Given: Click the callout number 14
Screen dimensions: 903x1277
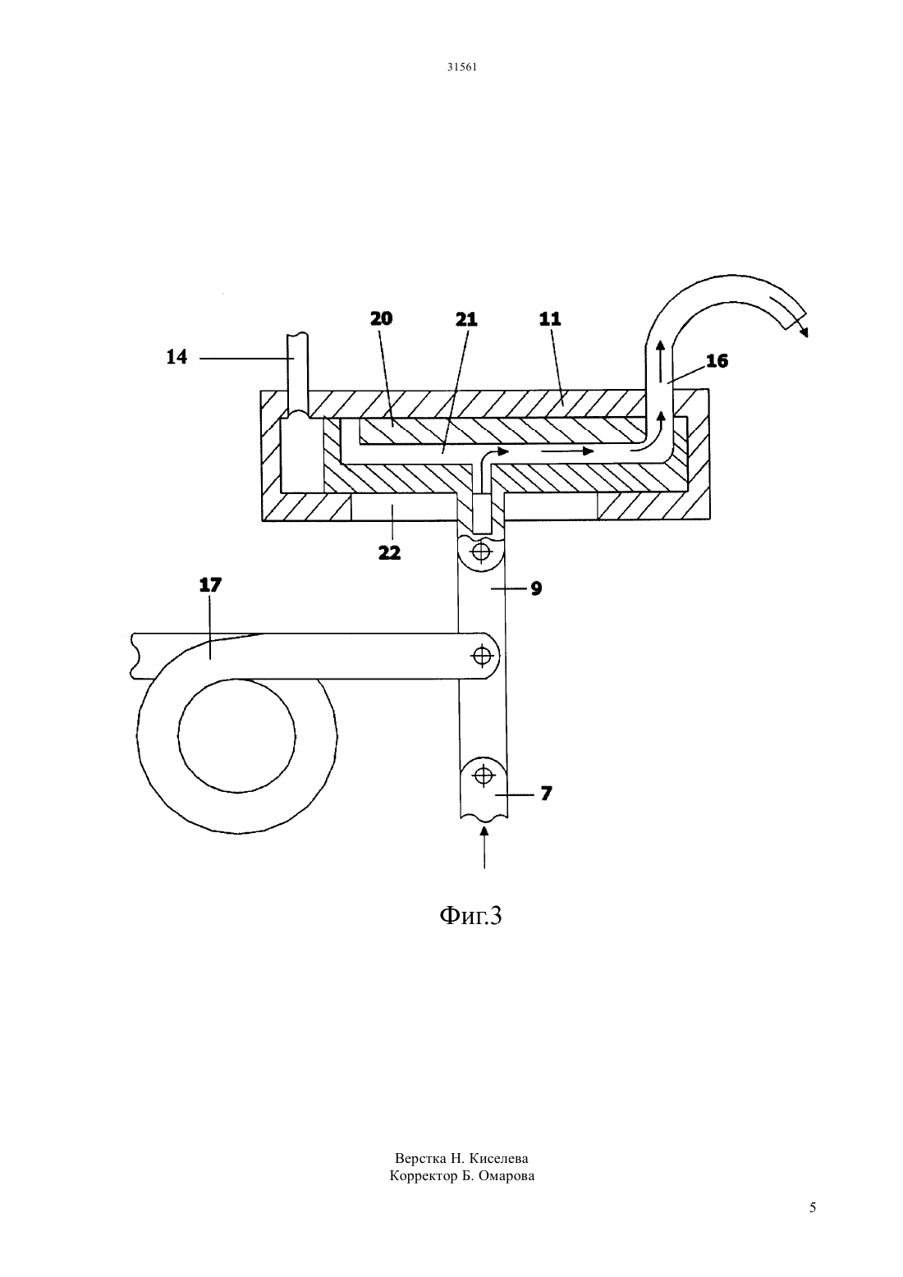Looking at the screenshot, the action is click(x=176, y=358).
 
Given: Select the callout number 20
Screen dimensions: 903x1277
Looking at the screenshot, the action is click(x=382, y=318).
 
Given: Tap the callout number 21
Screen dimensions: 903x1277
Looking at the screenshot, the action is click(x=465, y=319).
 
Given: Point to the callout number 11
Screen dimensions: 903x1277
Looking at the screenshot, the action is click(x=550, y=318).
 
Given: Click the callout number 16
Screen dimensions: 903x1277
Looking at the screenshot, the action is click(x=717, y=361).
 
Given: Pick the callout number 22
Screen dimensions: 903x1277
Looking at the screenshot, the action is click(x=390, y=552).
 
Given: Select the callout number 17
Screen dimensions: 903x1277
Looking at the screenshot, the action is click(x=210, y=585).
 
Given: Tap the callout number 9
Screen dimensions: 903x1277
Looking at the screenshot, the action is click(x=536, y=588).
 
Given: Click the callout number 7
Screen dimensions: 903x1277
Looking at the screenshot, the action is click(x=546, y=794).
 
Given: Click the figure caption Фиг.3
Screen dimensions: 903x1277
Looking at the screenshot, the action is click(x=471, y=916).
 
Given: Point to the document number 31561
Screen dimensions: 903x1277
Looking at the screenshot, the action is click(x=461, y=66).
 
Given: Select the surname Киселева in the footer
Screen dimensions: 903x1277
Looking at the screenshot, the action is click(x=498, y=1159).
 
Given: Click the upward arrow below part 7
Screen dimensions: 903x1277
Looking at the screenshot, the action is click(x=484, y=848).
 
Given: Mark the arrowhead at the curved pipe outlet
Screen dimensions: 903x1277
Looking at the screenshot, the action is click(x=803, y=332).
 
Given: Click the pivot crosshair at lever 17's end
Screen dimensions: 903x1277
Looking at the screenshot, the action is click(x=483, y=657).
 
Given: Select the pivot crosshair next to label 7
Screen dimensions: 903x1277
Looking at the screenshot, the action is click(x=484, y=776).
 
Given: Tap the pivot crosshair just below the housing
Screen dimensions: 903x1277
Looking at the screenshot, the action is click(x=482, y=552).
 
